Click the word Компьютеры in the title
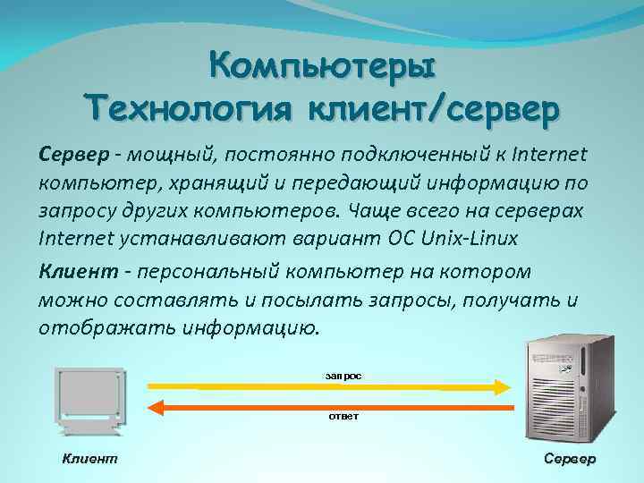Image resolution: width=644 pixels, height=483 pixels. click(322, 66)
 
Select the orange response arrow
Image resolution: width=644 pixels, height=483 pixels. click(340, 408)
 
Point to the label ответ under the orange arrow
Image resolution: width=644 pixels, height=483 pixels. click(344, 419)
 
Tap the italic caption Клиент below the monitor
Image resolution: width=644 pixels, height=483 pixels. click(89, 458)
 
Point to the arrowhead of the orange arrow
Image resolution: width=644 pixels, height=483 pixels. click(155, 408)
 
